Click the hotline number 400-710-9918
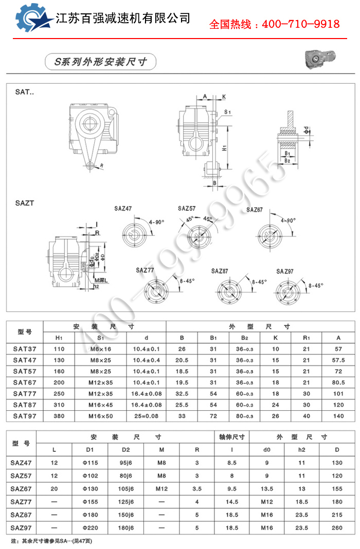pos(300,24)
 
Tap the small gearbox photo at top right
pos(318,58)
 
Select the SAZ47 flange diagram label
pos(123,209)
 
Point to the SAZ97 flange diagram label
pos(285,271)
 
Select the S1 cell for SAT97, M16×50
pos(100,416)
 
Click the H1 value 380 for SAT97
pos(59,416)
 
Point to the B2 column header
pos(244,337)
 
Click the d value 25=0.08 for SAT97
pos(147,416)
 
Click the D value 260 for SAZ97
pos(337,528)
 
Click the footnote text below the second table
pos(51,541)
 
